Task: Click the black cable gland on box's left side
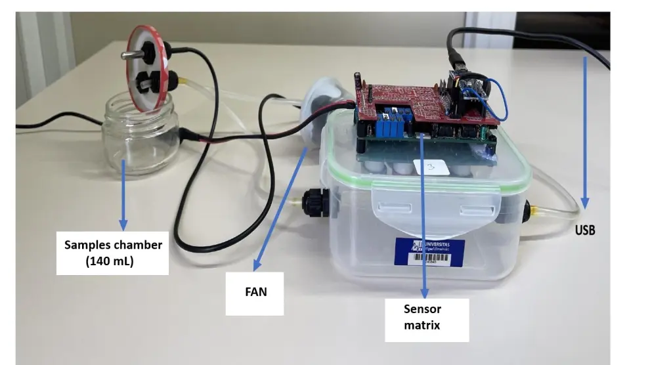point(316,204)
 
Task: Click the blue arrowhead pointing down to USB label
point(584,204)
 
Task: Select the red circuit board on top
point(420,98)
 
